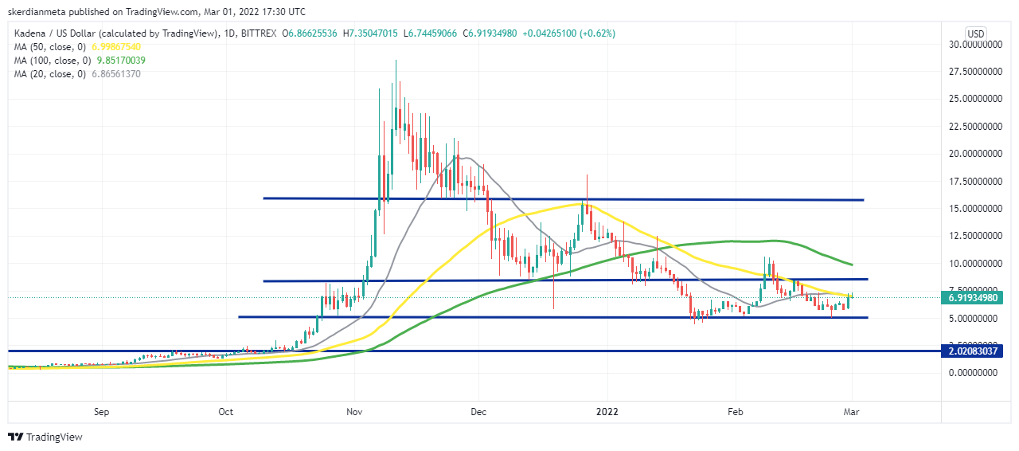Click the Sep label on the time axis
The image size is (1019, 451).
100,412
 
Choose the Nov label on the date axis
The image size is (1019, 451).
355,412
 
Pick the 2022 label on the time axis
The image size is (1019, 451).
607,412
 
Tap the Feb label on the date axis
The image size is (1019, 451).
735,412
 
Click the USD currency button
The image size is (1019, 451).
976,33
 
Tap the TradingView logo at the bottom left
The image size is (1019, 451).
45,437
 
